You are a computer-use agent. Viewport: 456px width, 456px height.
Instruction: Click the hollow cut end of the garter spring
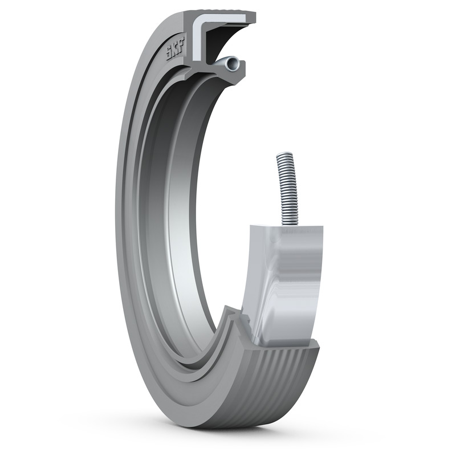click(231, 65)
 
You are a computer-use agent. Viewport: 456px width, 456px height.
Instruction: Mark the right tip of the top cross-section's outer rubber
click(253, 17)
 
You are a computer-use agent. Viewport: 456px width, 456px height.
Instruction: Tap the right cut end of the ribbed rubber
click(313, 365)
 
